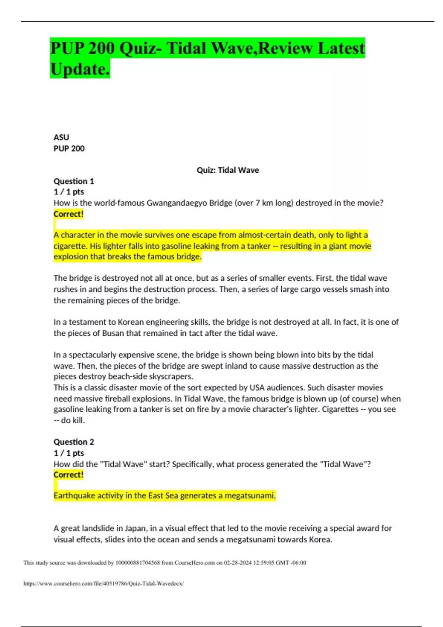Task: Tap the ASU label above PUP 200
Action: [x=61, y=137]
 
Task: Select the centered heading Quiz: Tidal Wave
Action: [x=227, y=170]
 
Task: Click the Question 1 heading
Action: [x=74, y=181]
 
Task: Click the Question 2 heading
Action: [x=74, y=442]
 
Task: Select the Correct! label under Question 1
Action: [x=69, y=214]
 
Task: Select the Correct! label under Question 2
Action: [x=69, y=475]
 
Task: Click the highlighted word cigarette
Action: [x=70, y=246]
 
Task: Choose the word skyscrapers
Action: [x=171, y=377]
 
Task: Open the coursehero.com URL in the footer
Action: [x=103, y=583]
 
